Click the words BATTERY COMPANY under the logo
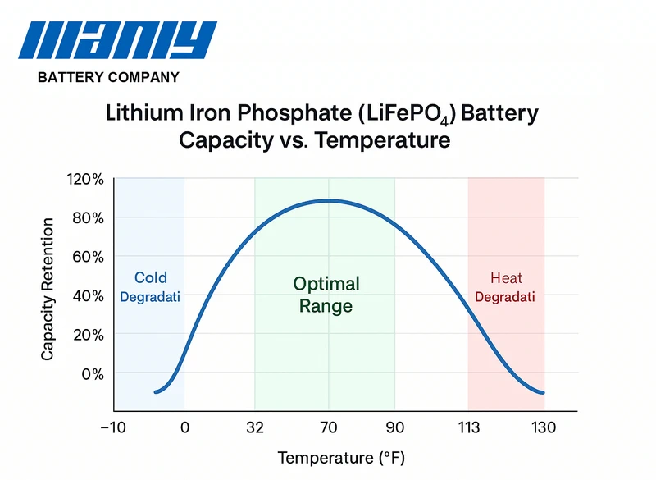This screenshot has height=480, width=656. coord(108,78)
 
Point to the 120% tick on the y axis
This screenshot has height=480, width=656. coord(85,179)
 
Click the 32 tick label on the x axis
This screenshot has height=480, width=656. coord(255,427)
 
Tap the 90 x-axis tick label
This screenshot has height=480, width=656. coord(395,427)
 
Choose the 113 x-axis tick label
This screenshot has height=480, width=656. coord(468,427)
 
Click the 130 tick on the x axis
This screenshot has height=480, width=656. coord(544,427)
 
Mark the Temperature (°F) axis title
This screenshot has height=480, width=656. coord(341,457)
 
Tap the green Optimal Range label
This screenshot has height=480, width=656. coord(326,295)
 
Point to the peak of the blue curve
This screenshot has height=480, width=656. coord(327,200)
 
